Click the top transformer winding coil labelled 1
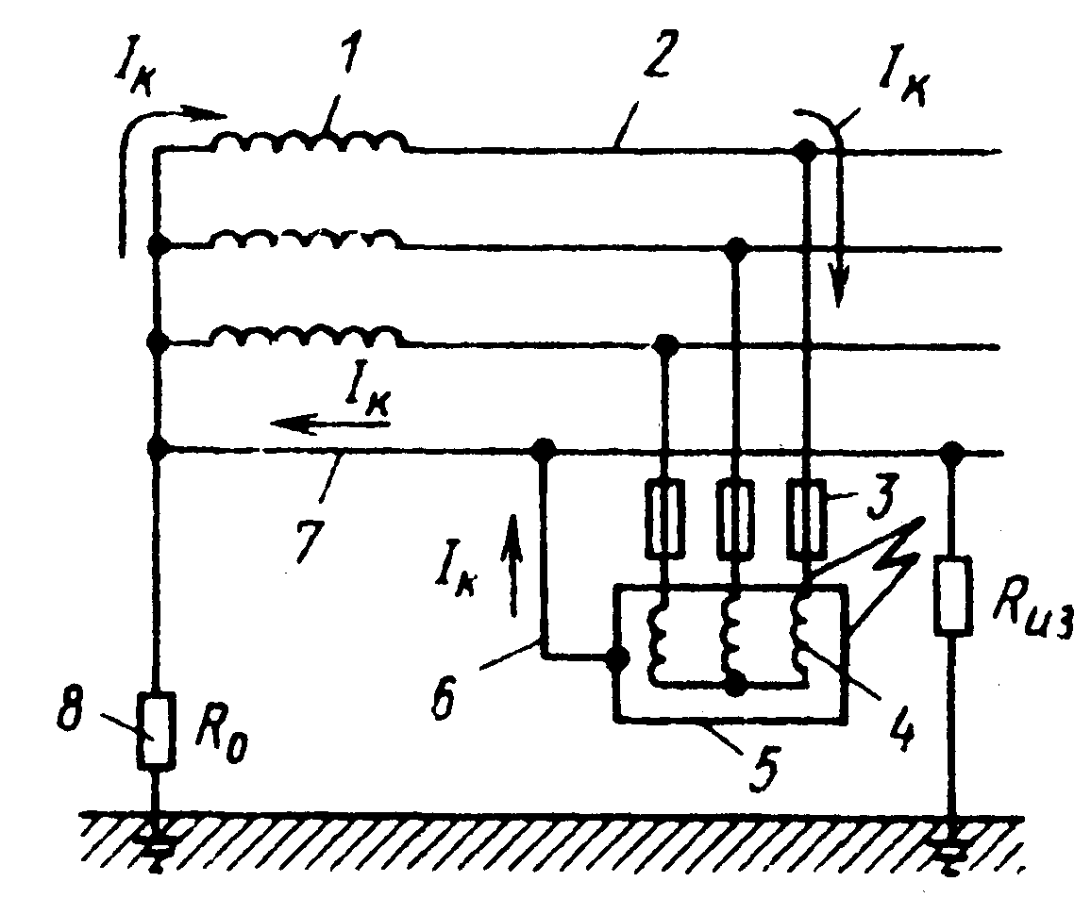click(309, 141)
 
